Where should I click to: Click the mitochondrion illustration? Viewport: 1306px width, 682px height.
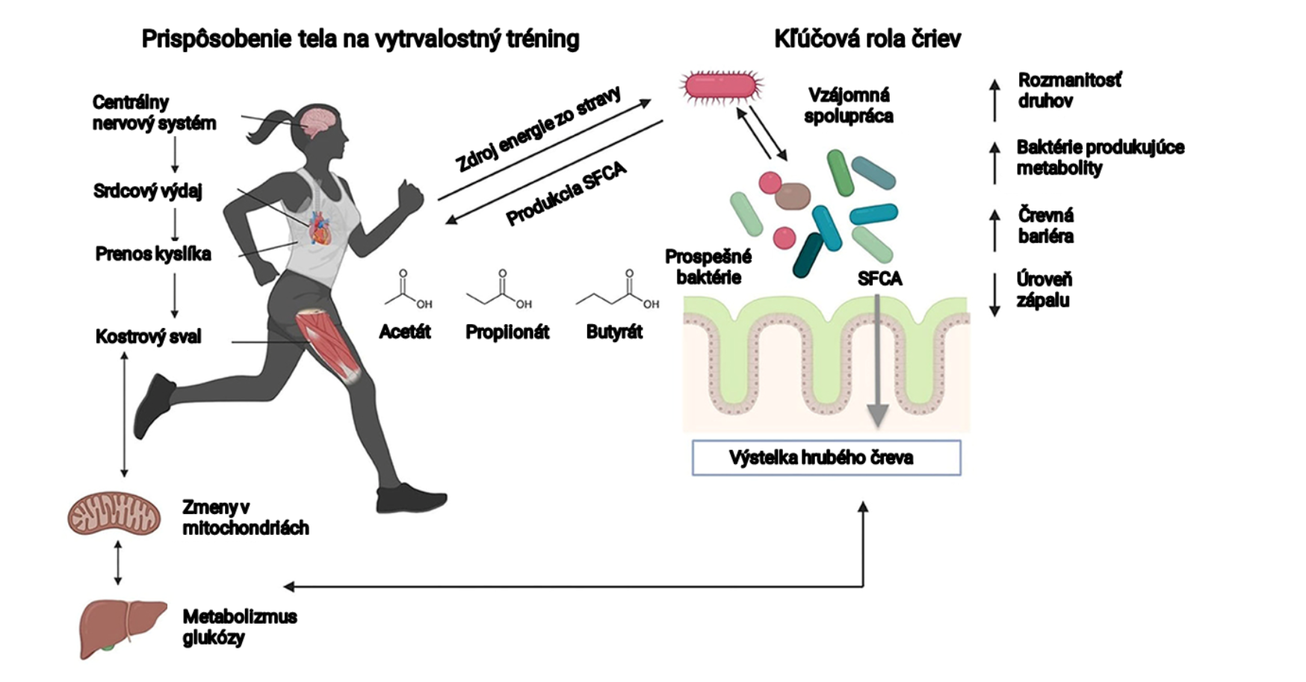(114, 513)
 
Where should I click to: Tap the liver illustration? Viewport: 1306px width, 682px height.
(122, 627)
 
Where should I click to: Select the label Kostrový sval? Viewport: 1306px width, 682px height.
(148, 337)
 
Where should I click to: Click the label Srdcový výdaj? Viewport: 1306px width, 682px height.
(147, 191)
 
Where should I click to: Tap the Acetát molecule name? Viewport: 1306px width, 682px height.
(404, 332)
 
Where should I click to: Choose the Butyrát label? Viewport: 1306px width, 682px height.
(614, 332)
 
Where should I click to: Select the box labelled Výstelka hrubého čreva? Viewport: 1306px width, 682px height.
(826, 458)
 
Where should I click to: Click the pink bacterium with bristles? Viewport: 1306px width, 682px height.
(721, 87)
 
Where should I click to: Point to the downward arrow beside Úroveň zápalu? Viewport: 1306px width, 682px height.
(994, 294)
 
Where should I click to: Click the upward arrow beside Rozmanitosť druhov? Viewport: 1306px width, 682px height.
(994, 100)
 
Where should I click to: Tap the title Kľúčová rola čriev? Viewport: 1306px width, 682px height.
(867, 39)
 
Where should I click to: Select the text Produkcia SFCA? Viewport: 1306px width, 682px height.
(566, 195)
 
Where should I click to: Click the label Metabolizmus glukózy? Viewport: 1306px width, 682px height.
(239, 627)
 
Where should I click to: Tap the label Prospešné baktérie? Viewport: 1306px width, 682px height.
(708, 267)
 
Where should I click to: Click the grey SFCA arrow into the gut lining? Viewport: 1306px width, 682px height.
(878, 359)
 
